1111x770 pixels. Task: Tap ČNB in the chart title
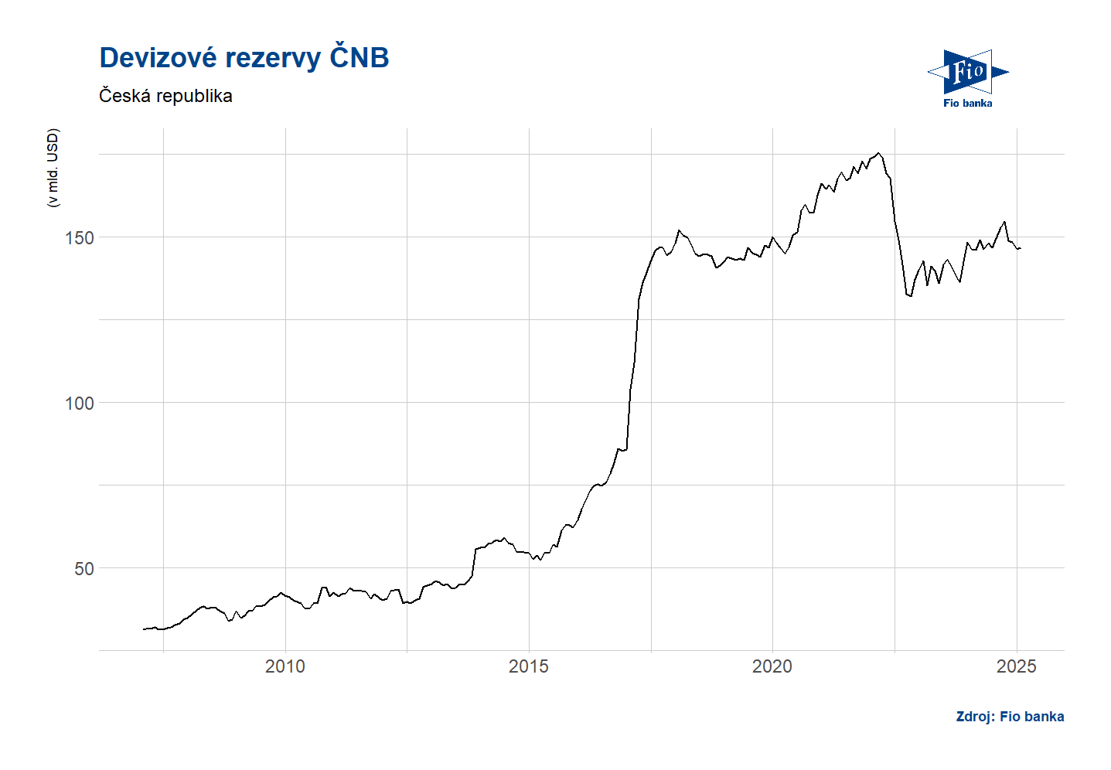360,58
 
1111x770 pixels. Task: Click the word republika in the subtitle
194,96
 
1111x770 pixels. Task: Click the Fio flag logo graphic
967,72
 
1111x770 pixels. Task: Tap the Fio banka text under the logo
967,103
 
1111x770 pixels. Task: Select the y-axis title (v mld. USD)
53,168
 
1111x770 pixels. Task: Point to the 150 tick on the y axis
79,237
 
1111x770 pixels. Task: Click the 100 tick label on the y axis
79,403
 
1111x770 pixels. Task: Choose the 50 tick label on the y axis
83,568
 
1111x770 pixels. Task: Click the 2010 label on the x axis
285,666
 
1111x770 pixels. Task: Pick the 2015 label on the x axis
529,666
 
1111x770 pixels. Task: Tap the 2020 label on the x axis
772,666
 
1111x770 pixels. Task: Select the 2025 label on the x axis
1017,666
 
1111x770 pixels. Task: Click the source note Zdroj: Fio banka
1010,717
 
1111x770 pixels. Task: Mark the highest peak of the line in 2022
878,153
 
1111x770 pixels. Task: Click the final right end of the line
1021,248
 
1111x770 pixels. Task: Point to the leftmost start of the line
144,629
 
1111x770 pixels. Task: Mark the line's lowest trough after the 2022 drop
911,296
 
